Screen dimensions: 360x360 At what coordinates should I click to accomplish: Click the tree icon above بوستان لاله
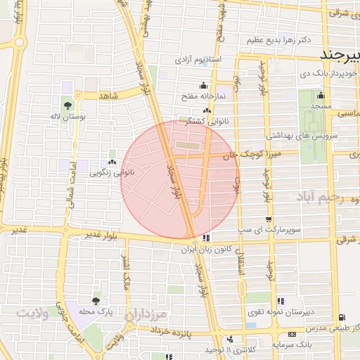(x=67, y=105)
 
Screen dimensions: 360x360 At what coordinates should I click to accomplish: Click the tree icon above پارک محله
(x=96, y=300)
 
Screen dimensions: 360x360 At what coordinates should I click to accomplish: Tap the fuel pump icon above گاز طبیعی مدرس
(x=342, y=317)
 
